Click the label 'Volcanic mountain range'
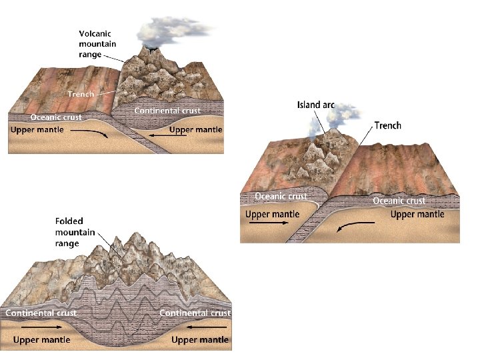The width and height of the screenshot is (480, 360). (97, 44)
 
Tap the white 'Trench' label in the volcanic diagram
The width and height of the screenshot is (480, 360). (81, 94)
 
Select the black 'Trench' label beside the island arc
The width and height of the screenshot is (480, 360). (388, 125)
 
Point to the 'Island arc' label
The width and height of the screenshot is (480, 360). (315, 105)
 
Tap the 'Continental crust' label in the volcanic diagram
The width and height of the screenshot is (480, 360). (167, 110)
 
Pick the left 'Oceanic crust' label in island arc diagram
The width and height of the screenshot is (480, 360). (281, 196)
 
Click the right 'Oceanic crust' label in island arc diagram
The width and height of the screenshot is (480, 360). (399, 201)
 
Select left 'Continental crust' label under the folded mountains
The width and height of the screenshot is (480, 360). (41, 312)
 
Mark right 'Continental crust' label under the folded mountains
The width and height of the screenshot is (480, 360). (195, 312)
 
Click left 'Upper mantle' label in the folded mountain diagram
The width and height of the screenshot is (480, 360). (41, 340)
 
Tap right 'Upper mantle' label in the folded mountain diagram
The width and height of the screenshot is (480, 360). (200, 340)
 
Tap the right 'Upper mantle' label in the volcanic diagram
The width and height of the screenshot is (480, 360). (196, 129)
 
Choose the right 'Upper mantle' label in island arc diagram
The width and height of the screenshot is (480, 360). (417, 214)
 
